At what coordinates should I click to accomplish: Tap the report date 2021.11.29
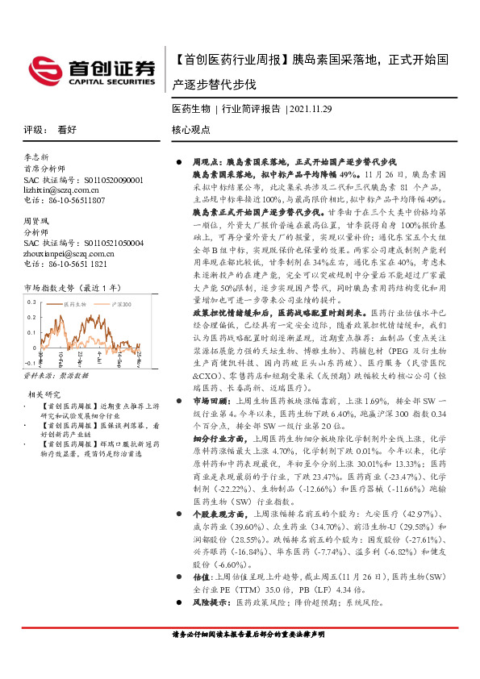pos(311,107)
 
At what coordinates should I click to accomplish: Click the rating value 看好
pos(67,129)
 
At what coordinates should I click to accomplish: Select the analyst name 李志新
pos(36,156)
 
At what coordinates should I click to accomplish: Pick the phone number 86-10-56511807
pos(76,198)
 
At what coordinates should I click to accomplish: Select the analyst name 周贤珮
pos(36,220)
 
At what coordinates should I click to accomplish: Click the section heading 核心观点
pos(191,129)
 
